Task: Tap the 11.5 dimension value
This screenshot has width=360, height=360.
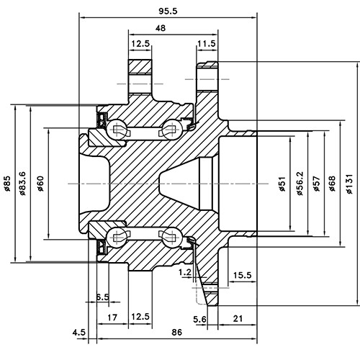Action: tap(207, 44)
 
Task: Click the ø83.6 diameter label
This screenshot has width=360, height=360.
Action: tap(23, 184)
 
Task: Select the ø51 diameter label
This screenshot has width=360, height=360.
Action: tap(282, 184)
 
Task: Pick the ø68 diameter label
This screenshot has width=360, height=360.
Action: tap(332, 184)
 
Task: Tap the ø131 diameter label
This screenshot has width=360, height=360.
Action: tap(349, 184)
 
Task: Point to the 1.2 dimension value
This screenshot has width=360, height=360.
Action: tap(184, 273)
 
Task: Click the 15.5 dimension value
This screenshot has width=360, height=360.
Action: tap(241, 276)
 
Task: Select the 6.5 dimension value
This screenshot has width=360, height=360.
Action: tap(102, 297)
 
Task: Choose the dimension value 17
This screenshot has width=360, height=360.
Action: tap(112, 317)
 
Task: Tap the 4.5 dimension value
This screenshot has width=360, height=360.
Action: tap(79, 333)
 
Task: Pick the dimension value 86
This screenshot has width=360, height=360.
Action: tap(176, 333)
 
